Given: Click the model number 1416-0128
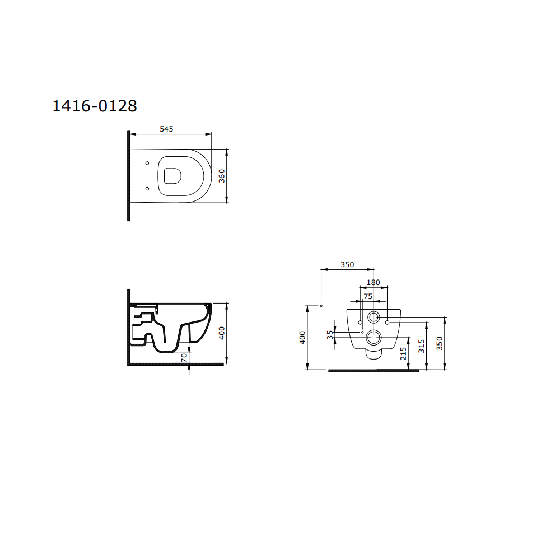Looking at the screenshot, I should pos(95,106).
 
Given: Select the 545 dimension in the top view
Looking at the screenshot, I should pos(166,129).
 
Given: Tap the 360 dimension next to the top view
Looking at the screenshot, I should pos(221,176).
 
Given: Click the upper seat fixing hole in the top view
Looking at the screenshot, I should pos(147,164).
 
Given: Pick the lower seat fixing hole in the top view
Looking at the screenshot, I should pos(147,189).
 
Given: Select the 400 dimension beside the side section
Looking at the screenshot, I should pos(221,333).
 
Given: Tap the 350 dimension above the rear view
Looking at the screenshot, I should pos(347,265).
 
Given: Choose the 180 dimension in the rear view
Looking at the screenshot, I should pos(373,283).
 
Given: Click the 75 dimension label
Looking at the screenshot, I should pos(368,296).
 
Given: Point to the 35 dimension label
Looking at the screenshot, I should pos(330,335).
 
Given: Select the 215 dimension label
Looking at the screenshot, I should pos(404,353).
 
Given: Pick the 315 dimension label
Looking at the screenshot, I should pos(422,346).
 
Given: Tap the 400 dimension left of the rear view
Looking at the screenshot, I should pos(302,337).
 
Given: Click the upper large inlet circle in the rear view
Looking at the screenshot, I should pos(374,318).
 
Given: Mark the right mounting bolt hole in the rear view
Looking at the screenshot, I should pos(387,322).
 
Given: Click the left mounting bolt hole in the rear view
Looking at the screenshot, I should pos(360,322).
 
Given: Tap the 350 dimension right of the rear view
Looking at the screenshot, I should pos(440,343).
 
